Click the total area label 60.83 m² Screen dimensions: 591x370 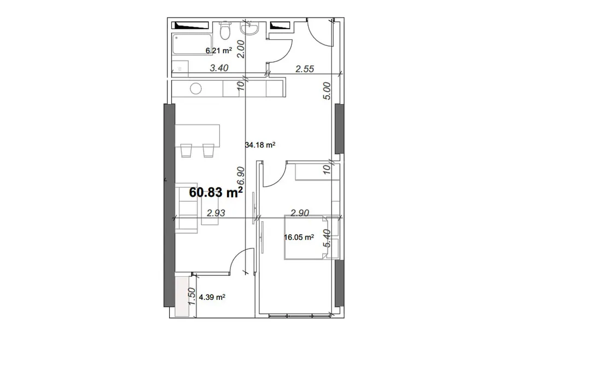pyautogui.click(x=216, y=192)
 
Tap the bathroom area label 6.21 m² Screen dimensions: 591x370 pyautogui.click(x=218, y=50)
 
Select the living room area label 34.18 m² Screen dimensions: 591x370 pyautogui.click(x=260, y=145)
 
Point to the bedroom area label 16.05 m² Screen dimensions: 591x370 pyautogui.click(x=299, y=237)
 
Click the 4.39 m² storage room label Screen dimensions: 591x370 pyautogui.click(x=212, y=297)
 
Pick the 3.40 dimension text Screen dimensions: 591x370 pyautogui.click(x=219, y=68)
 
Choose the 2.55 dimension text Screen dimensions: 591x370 pyautogui.click(x=305, y=68)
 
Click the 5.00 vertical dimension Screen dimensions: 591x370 pyautogui.click(x=327, y=91)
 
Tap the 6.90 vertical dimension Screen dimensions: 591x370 pyautogui.click(x=241, y=176)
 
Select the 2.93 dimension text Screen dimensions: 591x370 pyautogui.click(x=216, y=213)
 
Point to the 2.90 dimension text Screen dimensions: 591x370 pyautogui.click(x=300, y=213)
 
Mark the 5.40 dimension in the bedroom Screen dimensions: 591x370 pyautogui.click(x=327, y=239)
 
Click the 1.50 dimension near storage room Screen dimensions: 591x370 pyautogui.click(x=192, y=297)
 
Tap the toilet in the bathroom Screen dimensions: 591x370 pyautogui.click(x=225, y=31)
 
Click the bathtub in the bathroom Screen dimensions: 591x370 pyautogui.click(x=192, y=44)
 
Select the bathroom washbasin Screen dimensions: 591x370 pyautogui.click(x=249, y=28)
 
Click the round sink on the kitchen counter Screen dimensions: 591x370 pyautogui.click(x=195, y=89)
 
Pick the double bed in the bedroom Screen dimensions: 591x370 pyautogui.click(x=306, y=237)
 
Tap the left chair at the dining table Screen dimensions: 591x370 pyautogui.click(x=186, y=150)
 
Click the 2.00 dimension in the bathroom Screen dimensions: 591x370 pyautogui.click(x=241, y=49)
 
